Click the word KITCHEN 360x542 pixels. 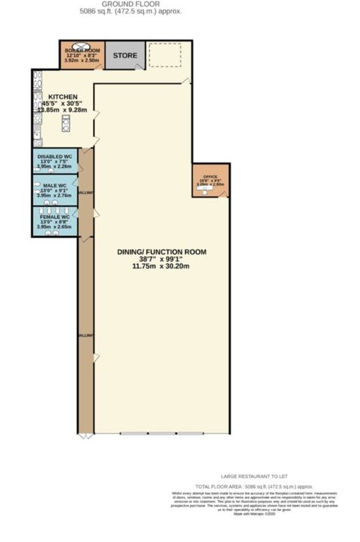(x=63, y=97)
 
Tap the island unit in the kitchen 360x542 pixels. (x=66, y=123)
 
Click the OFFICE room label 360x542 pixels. (x=210, y=176)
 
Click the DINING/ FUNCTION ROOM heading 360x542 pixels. (x=161, y=251)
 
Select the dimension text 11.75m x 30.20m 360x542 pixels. (x=161, y=266)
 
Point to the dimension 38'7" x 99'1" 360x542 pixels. (x=161, y=259)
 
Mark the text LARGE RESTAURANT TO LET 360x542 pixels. (x=254, y=476)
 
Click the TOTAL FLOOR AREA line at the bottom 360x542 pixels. (x=253, y=487)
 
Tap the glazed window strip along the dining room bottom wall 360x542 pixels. (x=162, y=433)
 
